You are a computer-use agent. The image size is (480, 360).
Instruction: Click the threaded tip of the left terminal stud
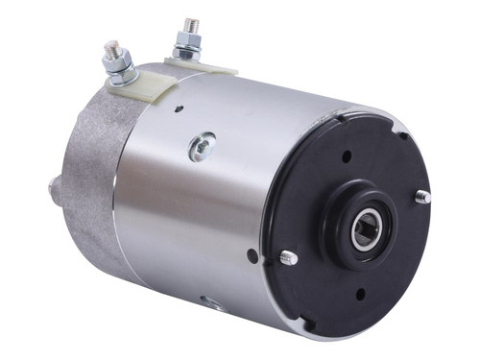click(x=110, y=44)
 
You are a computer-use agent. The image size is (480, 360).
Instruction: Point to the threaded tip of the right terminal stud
click(x=185, y=21)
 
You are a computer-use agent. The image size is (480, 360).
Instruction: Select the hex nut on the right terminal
click(x=186, y=40)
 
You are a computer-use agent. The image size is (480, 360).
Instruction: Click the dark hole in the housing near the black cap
click(x=252, y=256)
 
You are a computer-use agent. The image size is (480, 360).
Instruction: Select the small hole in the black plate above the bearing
click(x=347, y=156)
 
